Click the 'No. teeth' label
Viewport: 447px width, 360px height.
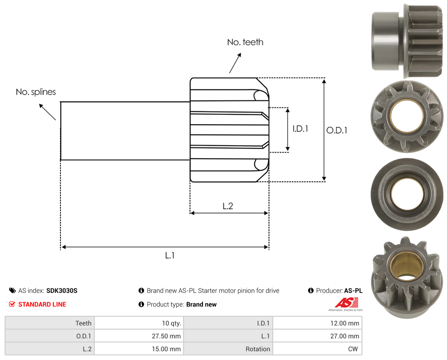(x=245, y=42)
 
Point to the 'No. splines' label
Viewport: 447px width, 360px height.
(x=36, y=92)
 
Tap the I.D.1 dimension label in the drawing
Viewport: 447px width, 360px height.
(x=301, y=129)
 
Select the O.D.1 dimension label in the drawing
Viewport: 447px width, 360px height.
(x=337, y=130)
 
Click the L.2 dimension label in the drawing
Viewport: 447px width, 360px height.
(x=228, y=206)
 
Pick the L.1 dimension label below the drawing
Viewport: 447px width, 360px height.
(x=170, y=255)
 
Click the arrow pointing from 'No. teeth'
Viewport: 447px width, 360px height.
(x=235, y=63)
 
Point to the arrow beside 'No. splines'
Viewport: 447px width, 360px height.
(x=47, y=112)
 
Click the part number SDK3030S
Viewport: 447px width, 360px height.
(x=62, y=291)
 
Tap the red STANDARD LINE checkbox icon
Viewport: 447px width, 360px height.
(x=12, y=304)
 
